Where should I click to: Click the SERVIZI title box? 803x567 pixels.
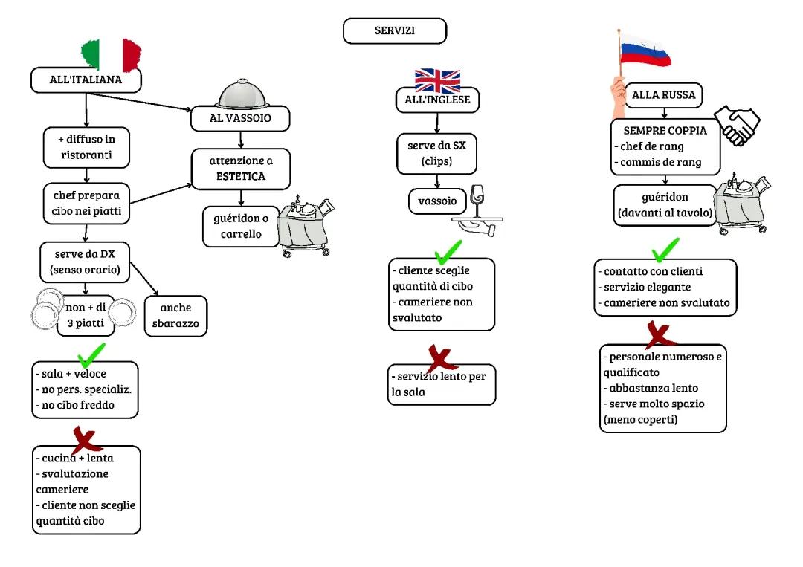click(394, 31)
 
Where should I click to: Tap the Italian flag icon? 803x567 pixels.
click(112, 54)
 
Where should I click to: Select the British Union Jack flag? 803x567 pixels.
click(437, 80)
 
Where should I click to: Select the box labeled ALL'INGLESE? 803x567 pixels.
click(436, 100)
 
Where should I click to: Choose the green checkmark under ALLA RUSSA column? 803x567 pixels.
click(664, 248)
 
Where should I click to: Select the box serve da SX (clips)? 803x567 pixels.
click(436, 153)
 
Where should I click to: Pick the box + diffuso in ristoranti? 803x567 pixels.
click(88, 147)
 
